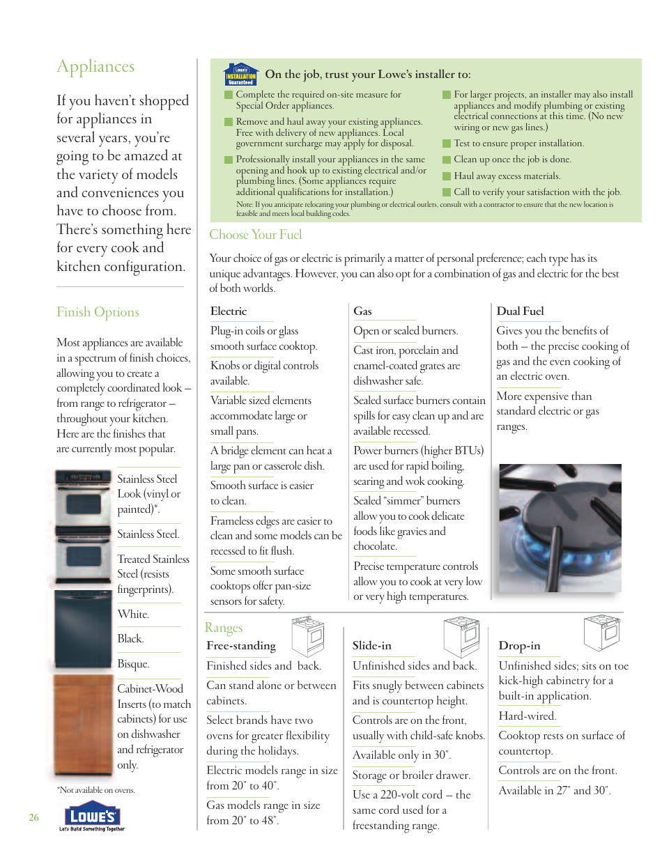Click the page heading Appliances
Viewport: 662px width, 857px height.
point(95,67)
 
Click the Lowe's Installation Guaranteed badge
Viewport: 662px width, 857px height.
point(241,75)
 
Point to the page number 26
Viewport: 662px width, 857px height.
point(33,817)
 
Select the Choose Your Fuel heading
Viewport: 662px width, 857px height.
point(256,235)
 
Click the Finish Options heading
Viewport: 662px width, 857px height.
point(98,312)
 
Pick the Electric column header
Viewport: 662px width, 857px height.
point(229,311)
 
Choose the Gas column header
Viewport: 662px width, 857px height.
point(362,311)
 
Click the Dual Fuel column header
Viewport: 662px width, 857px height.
point(520,311)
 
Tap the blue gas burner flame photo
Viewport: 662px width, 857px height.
point(560,528)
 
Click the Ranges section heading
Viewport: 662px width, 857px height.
point(224,628)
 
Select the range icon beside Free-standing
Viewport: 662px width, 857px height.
point(308,633)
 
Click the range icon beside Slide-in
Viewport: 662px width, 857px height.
point(462,635)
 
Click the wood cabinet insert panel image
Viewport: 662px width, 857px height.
point(83,725)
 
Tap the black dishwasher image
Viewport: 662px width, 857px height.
point(83,629)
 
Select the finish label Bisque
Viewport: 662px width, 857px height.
point(133,664)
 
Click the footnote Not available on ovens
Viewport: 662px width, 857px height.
point(96,790)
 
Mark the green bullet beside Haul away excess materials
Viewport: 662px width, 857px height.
point(447,176)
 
